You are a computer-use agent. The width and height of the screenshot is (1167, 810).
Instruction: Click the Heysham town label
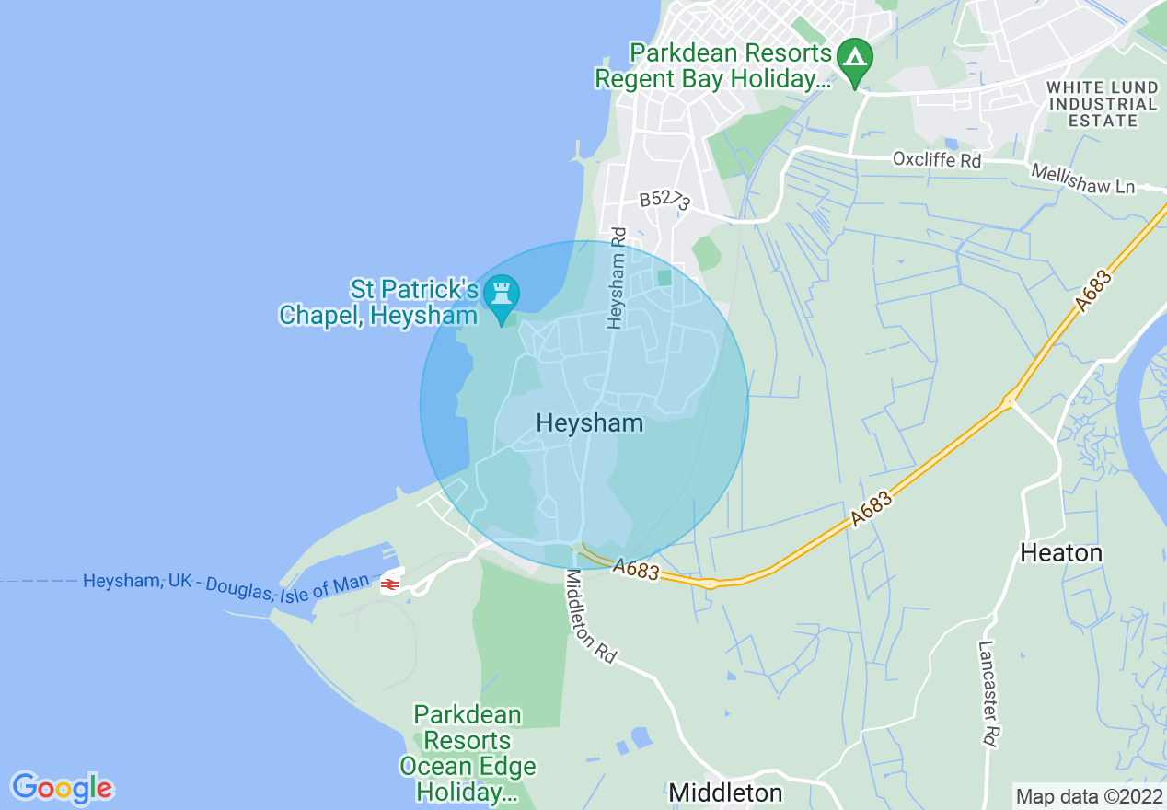[589, 422]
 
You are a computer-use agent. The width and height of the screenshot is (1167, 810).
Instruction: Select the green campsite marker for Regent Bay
[856, 58]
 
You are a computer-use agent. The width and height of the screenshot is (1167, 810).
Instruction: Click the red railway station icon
[390, 584]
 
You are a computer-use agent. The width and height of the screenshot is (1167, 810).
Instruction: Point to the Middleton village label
[725, 793]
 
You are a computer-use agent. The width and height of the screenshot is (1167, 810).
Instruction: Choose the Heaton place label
[1061, 552]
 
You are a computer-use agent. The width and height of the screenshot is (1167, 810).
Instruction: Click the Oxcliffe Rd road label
[937, 160]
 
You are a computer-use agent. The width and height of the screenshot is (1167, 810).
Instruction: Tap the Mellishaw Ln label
[1083, 179]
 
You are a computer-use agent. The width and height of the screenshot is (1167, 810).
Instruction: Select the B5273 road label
[664, 201]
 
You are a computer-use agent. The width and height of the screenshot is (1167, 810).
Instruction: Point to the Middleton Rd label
[590, 616]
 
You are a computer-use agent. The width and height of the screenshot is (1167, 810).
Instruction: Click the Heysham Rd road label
[617, 278]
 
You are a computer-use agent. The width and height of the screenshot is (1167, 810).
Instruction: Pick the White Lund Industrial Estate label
[1103, 103]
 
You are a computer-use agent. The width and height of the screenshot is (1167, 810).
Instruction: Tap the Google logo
[62, 788]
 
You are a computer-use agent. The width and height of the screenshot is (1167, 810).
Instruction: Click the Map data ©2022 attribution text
[1089, 796]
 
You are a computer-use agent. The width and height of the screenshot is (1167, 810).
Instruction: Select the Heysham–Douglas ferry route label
[225, 584]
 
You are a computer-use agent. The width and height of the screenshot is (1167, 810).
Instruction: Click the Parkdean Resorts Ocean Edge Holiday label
[467, 753]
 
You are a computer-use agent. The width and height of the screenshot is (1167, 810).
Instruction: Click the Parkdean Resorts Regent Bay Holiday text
[713, 65]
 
